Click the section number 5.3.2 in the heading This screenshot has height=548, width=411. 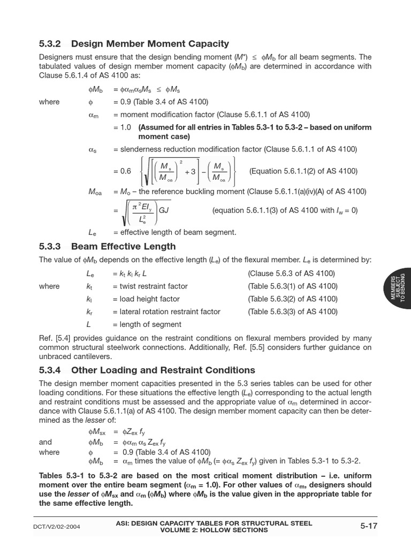pyautogui.click(x=51, y=43)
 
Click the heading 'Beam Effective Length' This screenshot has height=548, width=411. pyautogui.click(x=123, y=247)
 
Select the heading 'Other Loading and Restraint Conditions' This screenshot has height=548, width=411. pyautogui.click(x=163, y=370)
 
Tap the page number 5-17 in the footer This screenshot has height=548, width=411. pyautogui.click(x=369, y=526)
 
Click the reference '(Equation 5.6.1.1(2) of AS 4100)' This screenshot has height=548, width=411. pyautogui.click(x=303, y=171)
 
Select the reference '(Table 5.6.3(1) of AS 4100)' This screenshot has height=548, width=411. pyautogui.click(x=293, y=286)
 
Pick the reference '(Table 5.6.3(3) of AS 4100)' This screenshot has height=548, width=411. pyautogui.click(x=293, y=312)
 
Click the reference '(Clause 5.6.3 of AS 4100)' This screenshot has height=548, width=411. pyautogui.click(x=291, y=273)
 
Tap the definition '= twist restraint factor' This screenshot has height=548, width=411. pyautogui.click(x=150, y=286)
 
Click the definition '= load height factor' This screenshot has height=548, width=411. pyautogui.click(x=146, y=299)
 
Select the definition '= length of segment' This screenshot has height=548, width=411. pyautogui.click(x=147, y=324)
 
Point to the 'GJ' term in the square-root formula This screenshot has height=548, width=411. pyautogui.click(x=164, y=210)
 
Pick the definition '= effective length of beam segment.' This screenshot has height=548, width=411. pyautogui.click(x=174, y=232)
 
